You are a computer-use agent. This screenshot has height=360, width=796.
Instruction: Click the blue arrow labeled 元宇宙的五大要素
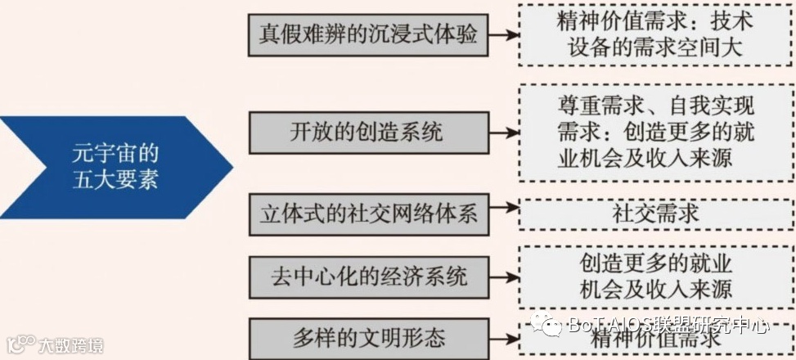(115, 167)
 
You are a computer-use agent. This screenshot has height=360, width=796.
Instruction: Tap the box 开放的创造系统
(369, 132)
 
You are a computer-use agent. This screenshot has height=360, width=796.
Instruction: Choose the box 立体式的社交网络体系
(369, 214)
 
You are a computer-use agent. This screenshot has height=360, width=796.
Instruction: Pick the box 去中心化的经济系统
(369, 276)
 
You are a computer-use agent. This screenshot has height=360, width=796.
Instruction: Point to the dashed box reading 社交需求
(655, 214)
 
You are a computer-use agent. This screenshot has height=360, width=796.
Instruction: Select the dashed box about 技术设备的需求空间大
(655, 34)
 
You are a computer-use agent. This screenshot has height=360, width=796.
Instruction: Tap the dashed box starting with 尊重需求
(655, 133)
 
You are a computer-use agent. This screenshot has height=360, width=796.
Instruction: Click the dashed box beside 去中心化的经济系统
(655, 276)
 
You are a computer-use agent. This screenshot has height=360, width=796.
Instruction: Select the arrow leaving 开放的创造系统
(504, 132)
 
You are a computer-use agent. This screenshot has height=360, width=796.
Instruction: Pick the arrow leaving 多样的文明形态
(504, 335)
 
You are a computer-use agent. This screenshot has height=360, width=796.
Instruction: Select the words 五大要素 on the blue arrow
(115, 180)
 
